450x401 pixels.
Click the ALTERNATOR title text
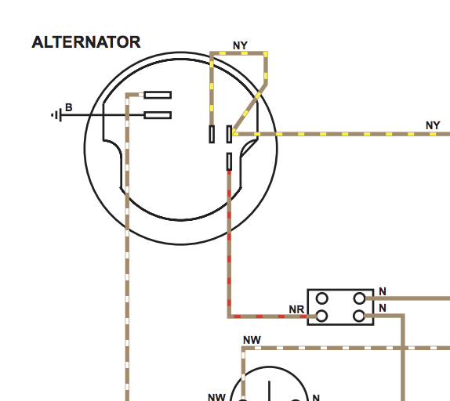(x=86, y=42)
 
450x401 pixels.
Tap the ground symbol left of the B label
(x=56, y=115)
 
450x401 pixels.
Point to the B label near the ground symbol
(x=68, y=107)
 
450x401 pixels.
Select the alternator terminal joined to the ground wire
(x=158, y=115)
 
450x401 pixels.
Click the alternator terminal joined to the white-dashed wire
(x=158, y=95)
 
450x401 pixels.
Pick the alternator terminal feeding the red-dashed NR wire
(x=229, y=161)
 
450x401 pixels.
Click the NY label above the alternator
(x=240, y=45)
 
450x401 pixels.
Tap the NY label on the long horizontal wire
(x=433, y=125)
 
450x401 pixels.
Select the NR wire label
(x=296, y=309)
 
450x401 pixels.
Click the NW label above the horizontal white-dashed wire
(x=252, y=340)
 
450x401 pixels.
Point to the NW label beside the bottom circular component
(x=216, y=397)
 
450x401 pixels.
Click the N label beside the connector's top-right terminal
(x=383, y=291)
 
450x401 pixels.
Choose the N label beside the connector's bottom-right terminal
(x=383, y=308)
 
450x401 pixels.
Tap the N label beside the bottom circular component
(x=316, y=398)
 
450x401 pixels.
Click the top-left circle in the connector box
(x=321, y=298)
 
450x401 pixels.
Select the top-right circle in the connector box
(x=359, y=298)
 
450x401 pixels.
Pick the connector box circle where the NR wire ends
(x=321, y=316)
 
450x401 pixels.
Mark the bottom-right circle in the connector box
(x=359, y=316)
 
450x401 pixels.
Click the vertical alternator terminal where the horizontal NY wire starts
(x=229, y=134)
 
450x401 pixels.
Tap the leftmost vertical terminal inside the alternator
(x=212, y=134)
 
